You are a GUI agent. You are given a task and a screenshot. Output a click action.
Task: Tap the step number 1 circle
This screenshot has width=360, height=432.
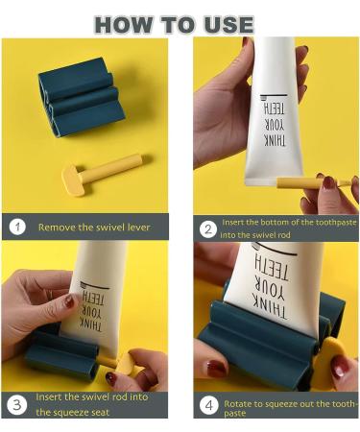[x=17, y=228]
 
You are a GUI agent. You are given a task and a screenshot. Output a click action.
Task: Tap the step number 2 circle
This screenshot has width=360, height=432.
[x=208, y=228]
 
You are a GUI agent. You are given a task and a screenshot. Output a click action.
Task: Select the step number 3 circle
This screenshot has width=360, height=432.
[x=17, y=403]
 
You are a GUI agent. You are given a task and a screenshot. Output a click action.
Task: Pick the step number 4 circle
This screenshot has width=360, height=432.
[x=208, y=403]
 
